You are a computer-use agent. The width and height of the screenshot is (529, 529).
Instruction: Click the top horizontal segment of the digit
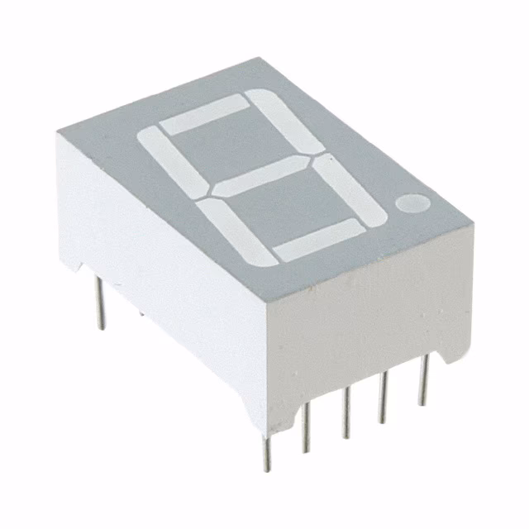click(x=204, y=115)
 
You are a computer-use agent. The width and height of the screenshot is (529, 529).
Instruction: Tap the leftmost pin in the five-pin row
click(x=265, y=451)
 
